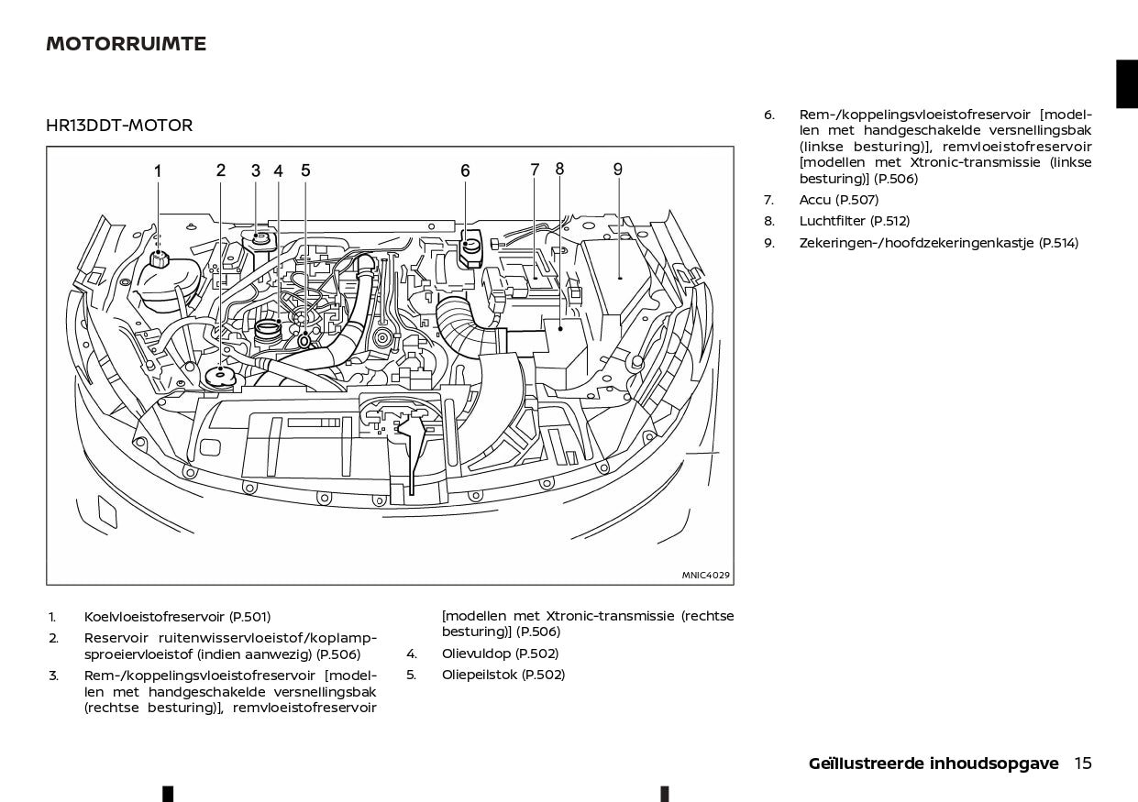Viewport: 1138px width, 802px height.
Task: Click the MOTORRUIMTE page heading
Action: [126, 44]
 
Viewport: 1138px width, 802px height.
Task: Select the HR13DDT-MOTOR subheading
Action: [119, 126]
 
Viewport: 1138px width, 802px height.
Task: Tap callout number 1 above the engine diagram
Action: [158, 170]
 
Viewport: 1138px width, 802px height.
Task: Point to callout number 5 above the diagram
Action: [305, 170]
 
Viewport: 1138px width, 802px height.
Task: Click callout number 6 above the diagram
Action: [465, 170]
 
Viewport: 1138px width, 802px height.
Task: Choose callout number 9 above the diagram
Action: [618, 170]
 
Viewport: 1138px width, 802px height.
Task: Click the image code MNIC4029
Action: [705, 576]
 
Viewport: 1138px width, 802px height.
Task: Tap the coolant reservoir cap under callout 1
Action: [159, 258]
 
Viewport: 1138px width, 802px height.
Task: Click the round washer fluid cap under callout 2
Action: [220, 378]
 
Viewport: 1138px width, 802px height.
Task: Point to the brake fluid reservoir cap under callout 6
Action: [469, 247]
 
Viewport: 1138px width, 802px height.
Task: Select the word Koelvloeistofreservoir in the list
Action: [154, 617]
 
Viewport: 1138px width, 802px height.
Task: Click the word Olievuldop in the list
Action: [476, 654]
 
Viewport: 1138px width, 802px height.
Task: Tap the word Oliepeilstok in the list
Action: [480, 675]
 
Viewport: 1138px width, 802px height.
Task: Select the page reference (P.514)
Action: [1058, 243]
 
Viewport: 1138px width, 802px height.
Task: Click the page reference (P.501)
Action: [249, 617]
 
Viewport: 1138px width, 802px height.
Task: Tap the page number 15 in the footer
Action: [1083, 764]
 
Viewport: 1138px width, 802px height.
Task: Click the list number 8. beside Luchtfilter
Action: [769, 221]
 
